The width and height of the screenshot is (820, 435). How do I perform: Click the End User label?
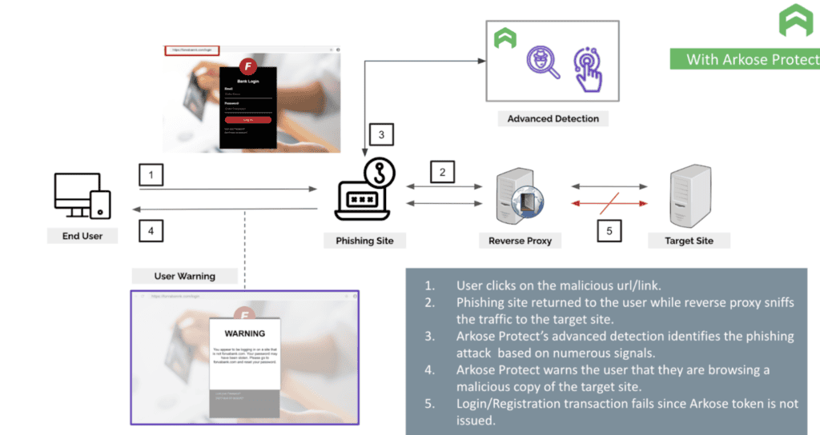click(x=82, y=236)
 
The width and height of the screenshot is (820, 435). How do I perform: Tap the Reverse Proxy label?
click(x=520, y=240)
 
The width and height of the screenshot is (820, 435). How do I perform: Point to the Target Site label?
click(x=689, y=240)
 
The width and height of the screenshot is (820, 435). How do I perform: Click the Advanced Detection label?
click(x=553, y=118)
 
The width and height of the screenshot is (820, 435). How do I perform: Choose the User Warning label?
click(x=184, y=276)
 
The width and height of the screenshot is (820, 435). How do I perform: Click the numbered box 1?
click(x=151, y=174)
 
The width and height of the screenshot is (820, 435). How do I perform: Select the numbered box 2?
click(x=442, y=171)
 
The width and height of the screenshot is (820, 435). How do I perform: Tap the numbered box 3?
click(x=381, y=135)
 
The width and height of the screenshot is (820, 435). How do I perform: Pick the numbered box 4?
click(x=151, y=231)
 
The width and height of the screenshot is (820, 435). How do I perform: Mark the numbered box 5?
click(x=609, y=231)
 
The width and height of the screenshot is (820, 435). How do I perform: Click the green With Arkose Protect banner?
click(x=745, y=59)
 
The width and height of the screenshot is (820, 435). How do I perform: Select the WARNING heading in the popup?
click(x=244, y=333)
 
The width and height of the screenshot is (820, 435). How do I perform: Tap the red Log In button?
click(x=247, y=120)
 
